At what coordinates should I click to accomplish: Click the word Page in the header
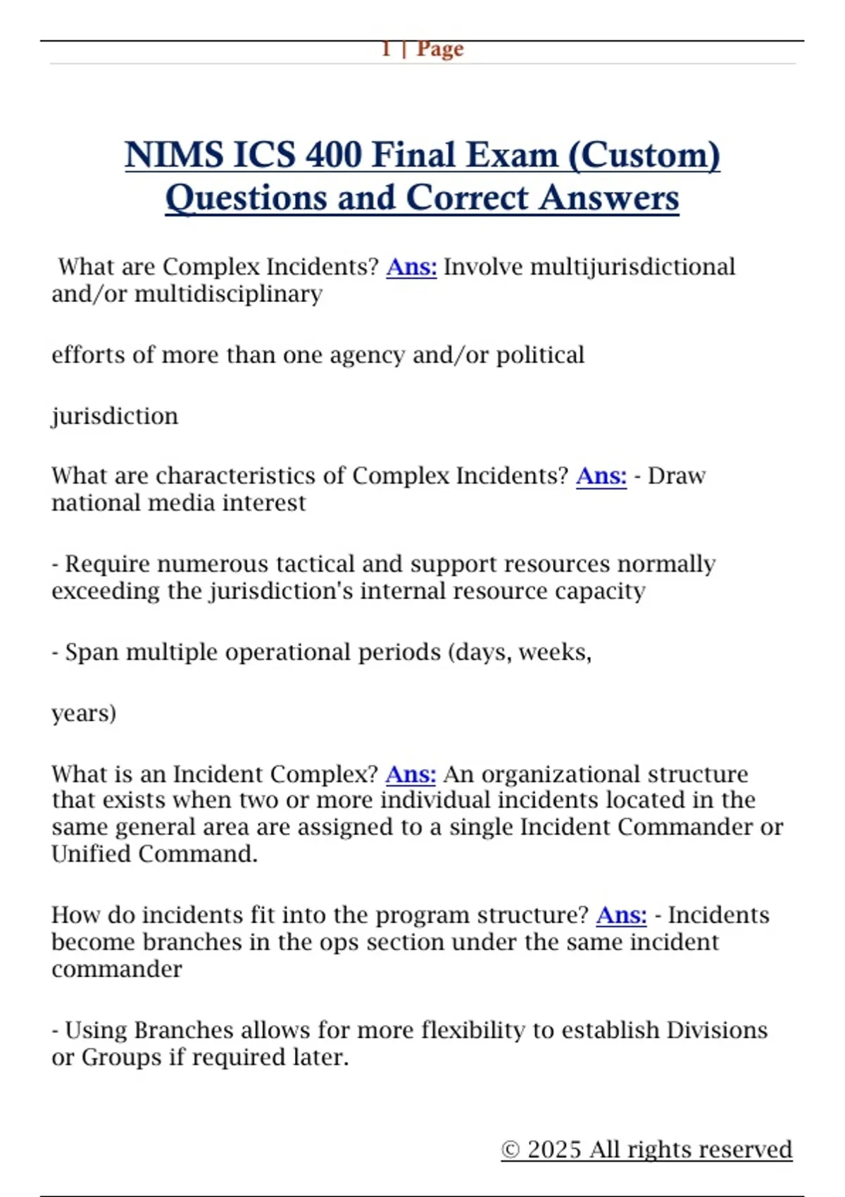440,49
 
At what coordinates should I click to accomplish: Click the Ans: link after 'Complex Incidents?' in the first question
411,267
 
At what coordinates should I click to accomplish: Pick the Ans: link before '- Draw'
601,476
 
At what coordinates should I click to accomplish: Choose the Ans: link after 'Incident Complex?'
411,775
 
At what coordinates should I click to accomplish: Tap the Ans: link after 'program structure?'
621,915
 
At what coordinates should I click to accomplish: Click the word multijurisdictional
632,267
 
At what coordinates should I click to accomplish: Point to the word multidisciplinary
228,294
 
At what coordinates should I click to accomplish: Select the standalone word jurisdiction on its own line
115,416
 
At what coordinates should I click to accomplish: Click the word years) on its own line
84,713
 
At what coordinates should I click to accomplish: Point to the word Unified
92,854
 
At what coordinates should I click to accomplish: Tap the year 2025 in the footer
555,1149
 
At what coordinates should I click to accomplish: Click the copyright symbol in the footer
511,1150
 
